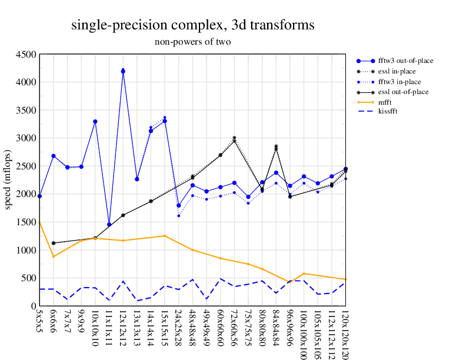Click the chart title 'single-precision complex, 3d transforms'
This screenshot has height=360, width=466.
point(192,25)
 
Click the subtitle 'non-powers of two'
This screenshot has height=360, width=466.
point(192,42)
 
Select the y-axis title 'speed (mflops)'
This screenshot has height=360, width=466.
point(8,180)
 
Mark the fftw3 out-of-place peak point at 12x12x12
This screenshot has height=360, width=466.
point(123,71)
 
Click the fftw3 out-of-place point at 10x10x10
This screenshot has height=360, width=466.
point(95,122)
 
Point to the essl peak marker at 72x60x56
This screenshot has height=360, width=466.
point(234,139)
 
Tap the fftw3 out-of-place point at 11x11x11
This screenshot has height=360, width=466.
point(109,224)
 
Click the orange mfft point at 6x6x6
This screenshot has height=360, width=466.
point(54,256)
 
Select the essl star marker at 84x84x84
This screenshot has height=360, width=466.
point(276,147)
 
